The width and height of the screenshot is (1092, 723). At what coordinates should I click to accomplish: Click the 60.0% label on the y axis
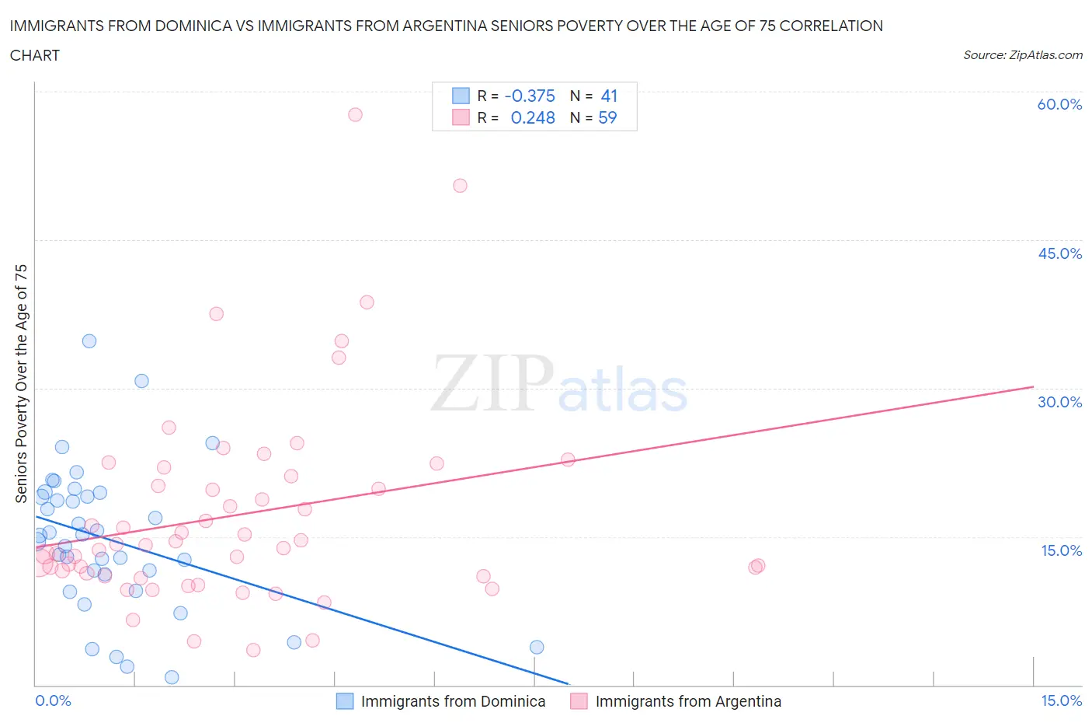(1059, 104)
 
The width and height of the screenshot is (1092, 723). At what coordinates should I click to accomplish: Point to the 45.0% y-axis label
(1059, 253)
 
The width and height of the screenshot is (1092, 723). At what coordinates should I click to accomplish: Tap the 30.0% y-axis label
(1059, 402)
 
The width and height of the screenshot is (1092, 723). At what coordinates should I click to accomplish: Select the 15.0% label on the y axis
(1061, 550)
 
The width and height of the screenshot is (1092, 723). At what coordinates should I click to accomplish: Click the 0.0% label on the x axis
(53, 700)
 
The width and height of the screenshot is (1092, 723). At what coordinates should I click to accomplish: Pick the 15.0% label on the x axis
(1061, 700)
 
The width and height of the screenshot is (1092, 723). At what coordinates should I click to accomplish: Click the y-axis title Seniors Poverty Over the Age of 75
(21, 383)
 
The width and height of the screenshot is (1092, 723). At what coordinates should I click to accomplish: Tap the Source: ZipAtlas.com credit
(1022, 55)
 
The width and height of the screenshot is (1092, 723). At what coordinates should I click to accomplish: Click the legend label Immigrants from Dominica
(453, 701)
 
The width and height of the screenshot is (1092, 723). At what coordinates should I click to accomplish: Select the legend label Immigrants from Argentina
(688, 701)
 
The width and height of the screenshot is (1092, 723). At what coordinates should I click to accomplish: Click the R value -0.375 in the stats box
(530, 96)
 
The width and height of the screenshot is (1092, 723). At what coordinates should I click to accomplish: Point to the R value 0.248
(533, 117)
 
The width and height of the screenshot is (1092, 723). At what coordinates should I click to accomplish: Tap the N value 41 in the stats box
(609, 96)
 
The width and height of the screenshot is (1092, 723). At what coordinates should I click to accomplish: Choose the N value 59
(607, 117)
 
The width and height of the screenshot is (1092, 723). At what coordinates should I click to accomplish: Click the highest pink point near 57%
(355, 114)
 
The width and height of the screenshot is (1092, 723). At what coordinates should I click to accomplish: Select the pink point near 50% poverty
(460, 186)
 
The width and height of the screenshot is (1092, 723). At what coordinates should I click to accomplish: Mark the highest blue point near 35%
(89, 341)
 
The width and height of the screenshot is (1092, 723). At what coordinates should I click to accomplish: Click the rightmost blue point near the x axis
(537, 647)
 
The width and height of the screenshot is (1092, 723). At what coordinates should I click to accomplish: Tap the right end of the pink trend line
(1033, 386)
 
